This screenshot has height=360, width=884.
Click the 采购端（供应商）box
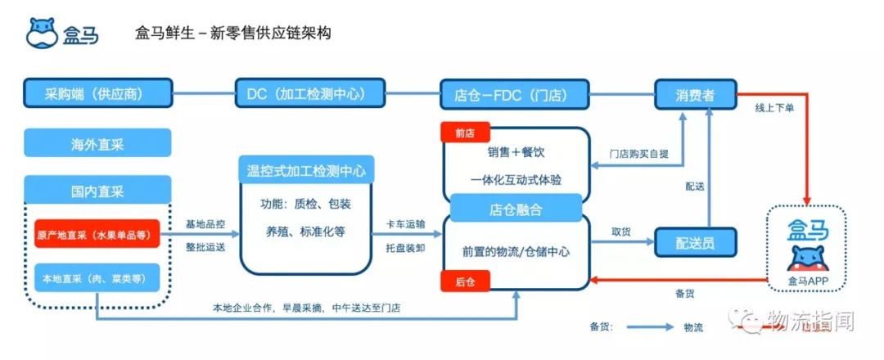tap(98, 94)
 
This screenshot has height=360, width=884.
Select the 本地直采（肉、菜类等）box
tap(97, 279)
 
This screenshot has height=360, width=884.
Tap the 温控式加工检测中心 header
tap(306, 171)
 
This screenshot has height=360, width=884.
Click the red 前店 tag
tap(463, 133)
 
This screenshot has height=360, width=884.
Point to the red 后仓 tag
tap(463, 281)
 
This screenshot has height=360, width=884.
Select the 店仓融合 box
tap(515, 210)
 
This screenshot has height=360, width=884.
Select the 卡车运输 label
tap(406, 224)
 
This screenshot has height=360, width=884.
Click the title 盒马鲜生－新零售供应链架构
tap(233, 34)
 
